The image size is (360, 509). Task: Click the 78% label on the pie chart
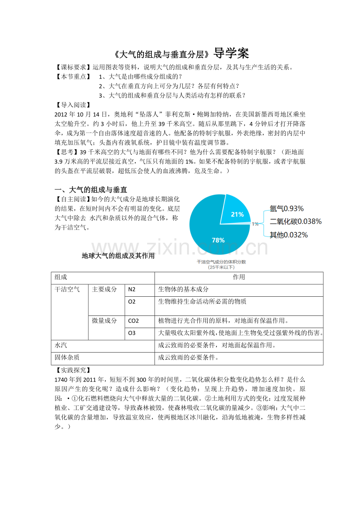218,240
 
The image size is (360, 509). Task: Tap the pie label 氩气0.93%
286,209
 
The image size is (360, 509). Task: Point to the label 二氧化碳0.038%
295,222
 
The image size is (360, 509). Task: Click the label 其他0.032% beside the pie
289,235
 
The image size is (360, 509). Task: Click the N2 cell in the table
132,290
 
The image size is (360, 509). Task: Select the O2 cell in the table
132,302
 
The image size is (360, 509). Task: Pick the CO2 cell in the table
133,321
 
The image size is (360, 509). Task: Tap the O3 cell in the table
132,333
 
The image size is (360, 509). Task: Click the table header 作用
239,277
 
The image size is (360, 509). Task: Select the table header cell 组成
61,277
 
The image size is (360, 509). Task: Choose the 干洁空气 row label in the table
67,290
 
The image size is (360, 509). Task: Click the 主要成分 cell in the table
104,290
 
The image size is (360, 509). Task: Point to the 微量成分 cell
104,321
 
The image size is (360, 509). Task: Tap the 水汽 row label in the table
61,346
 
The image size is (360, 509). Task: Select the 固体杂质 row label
67,358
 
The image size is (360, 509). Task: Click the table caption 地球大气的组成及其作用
118,256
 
